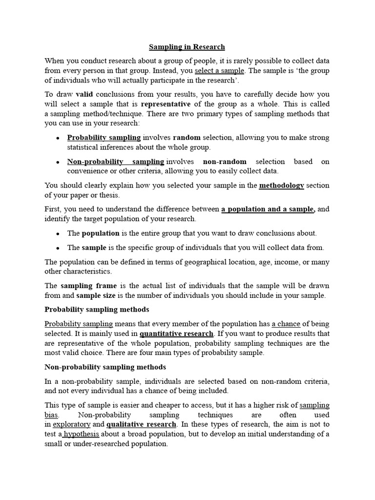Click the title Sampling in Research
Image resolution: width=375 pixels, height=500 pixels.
pyautogui.click(x=187, y=47)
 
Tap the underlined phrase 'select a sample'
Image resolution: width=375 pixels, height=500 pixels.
pyautogui.click(x=219, y=70)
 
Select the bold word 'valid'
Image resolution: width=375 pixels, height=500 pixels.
pyautogui.click(x=84, y=94)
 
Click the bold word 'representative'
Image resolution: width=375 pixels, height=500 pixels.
pyautogui.click(x=166, y=104)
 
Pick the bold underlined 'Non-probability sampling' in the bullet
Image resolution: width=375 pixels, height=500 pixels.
pyautogui.click(x=115, y=161)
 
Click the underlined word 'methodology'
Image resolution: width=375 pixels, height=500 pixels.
pyautogui.click(x=281, y=185)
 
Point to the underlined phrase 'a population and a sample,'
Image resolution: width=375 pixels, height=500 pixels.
pyautogui.click(x=268, y=209)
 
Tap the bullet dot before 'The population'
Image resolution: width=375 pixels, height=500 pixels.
pyautogui.click(x=58, y=233)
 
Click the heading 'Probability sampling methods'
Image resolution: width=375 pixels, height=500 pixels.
pyautogui.click(x=97, y=310)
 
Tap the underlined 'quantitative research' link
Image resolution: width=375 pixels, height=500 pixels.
pyautogui.click(x=176, y=333)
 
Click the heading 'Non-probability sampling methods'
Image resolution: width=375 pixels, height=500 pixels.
pyautogui.click(x=105, y=367)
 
